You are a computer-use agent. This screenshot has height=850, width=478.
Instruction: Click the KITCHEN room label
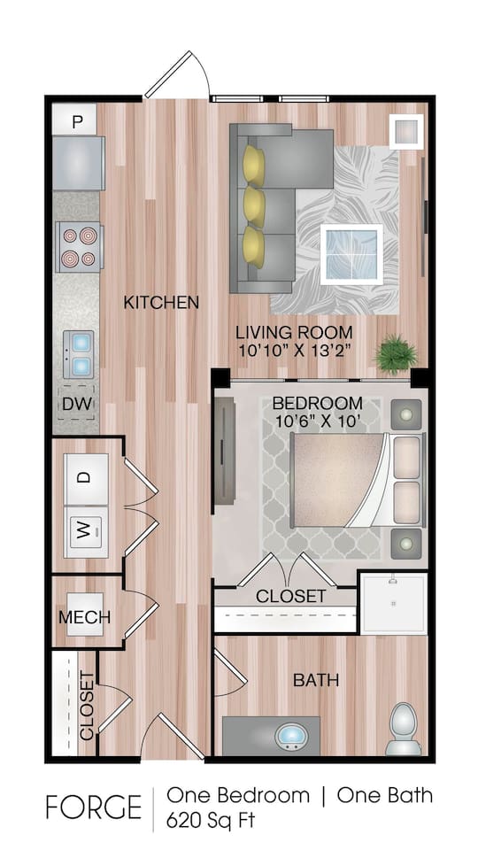[160, 303]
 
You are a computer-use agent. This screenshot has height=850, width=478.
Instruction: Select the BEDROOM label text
[317, 402]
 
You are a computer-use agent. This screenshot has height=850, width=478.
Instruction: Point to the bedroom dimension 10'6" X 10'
[317, 421]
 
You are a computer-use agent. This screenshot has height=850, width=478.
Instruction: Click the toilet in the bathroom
[403, 727]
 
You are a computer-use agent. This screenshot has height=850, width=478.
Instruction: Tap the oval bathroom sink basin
[292, 736]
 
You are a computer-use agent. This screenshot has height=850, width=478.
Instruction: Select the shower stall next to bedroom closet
[392, 602]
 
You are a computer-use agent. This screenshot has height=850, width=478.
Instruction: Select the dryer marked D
[85, 477]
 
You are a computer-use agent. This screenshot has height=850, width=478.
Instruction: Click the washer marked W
[85, 530]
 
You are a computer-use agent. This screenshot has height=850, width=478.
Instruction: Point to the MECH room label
[84, 617]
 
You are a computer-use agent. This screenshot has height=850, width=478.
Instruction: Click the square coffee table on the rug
[351, 252]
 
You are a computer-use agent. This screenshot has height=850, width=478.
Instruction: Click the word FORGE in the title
[93, 807]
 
